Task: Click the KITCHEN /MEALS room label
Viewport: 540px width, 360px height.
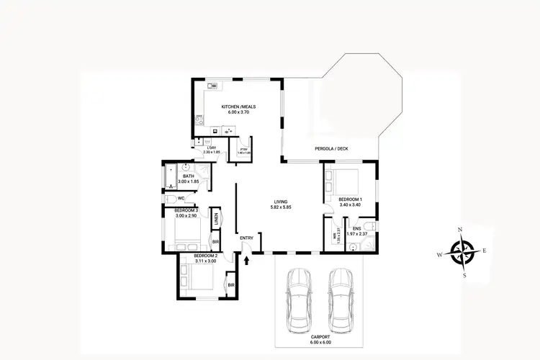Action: [x=238, y=107]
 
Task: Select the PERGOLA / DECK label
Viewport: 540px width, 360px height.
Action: [x=331, y=149]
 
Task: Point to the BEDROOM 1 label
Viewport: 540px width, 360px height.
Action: [x=350, y=199]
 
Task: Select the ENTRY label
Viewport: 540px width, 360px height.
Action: [x=246, y=238]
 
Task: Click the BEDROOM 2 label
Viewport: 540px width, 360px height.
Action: [x=205, y=256]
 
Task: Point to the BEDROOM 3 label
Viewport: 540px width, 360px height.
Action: [x=186, y=210]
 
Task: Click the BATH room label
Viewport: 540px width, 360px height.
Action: [x=189, y=176]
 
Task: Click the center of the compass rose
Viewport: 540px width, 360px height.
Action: [x=461, y=253]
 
